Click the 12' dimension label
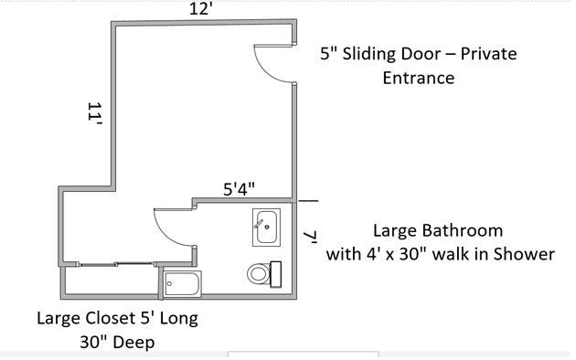(201, 8)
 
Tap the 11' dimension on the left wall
(94, 113)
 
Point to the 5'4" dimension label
(239, 189)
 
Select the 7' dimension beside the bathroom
(310, 238)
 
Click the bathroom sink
(266, 228)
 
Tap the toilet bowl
(259, 274)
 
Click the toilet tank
(275, 274)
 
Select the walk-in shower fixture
(182, 283)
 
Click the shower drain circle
(169, 283)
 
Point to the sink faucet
(259, 224)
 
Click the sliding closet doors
(116, 263)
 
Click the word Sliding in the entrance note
(369, 54)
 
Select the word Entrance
(419, 78)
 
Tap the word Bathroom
(463, 231)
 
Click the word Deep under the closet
(133, 343)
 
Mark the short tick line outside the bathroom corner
(308, 201)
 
